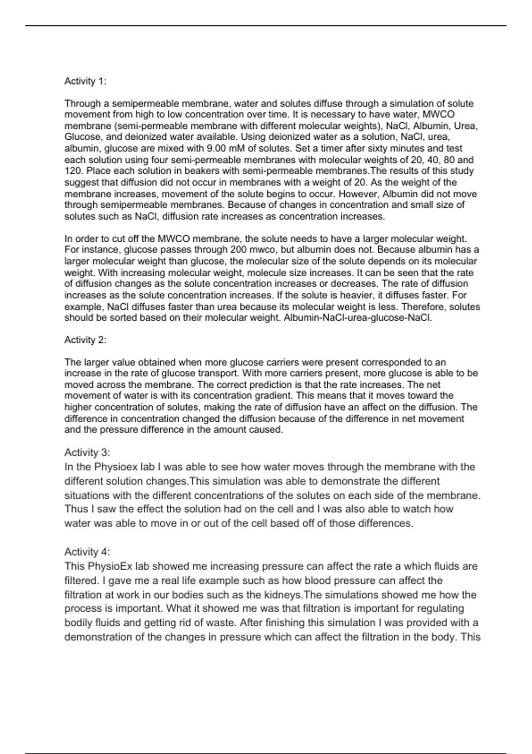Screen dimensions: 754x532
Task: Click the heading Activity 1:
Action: tap(85, 81)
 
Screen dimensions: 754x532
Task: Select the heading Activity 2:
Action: tap(85, 340)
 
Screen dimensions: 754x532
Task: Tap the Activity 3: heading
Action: tap(87, 452)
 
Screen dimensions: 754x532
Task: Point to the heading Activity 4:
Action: tap(87, 552)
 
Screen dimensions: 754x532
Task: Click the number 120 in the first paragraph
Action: tap(72, 171)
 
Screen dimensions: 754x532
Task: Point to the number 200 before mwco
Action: tap(239, 250)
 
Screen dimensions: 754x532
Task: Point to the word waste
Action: tap(215, 623)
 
